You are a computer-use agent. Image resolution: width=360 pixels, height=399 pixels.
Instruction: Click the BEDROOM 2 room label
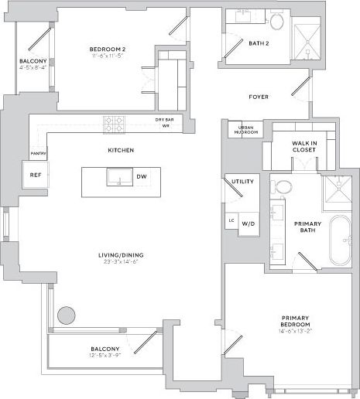coord(107,49)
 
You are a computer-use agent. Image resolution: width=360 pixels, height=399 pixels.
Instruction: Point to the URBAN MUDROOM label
coord(245,129)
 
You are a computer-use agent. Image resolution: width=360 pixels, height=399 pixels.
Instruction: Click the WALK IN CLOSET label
coord(303,146)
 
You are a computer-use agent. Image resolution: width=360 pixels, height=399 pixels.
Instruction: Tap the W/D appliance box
coord(248,223)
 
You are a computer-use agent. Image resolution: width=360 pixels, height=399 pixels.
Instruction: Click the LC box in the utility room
coord(231,221)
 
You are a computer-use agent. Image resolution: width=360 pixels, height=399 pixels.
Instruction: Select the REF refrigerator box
coord(35,175)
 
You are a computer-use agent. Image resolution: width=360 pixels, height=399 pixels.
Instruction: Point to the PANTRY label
coord(38,153)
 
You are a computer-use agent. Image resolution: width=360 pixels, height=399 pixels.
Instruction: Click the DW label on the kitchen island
coord(142,177)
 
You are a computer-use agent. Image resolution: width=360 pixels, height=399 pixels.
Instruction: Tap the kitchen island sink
coord(120,177)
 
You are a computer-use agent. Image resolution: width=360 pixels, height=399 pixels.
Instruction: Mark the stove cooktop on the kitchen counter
coord(115,122)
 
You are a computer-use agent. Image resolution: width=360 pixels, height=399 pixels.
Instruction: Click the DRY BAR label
coord(164,120)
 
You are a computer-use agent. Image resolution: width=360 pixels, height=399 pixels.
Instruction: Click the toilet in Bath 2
coord(275,21)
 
